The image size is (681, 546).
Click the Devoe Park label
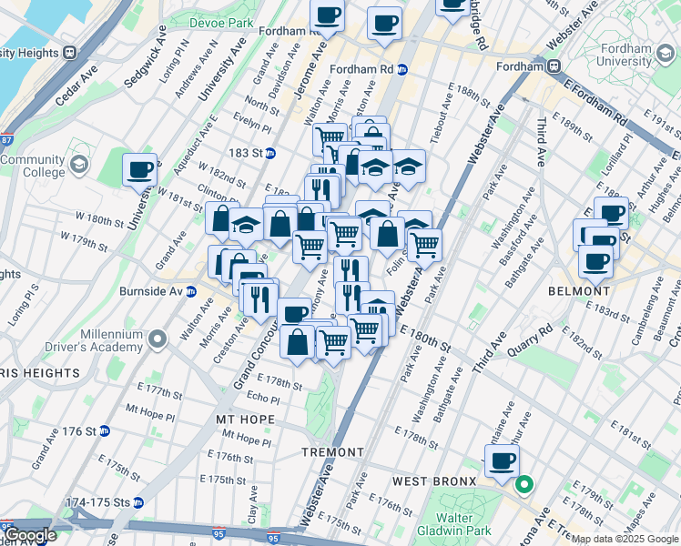pos(221,21)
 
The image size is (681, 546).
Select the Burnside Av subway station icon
pos(191,292)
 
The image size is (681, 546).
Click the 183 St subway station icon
pos(269,153)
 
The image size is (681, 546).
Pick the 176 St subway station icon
pos(105,430)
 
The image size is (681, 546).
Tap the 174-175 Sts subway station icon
pos(138,501)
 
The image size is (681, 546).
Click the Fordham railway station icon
pos(553,66)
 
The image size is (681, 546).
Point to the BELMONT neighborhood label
pos(578,291)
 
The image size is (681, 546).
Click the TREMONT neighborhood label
pos(333,452)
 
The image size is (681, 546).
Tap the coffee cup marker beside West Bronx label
pos(502,460)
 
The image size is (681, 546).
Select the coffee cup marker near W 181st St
pos(140,169)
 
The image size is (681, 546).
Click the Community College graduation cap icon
pos(78,165)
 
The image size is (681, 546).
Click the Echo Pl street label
pos(263,398)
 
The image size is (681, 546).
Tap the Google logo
pos(29,536)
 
